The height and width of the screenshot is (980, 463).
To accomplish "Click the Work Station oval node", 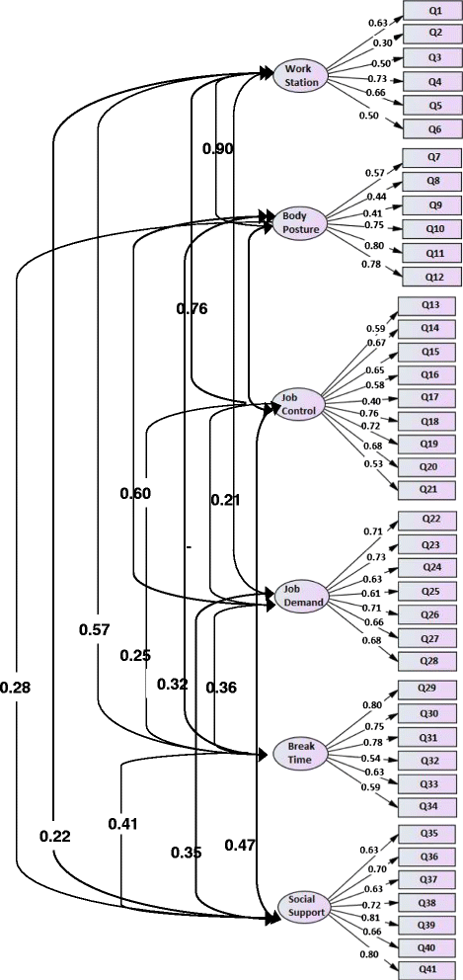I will (301, 75).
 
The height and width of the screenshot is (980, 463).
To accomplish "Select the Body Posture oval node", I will (301, 222).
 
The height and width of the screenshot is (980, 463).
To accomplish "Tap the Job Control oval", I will (298, 404).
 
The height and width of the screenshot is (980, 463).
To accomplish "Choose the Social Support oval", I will (301, 906).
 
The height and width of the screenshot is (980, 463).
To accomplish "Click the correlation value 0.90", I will (218, 148).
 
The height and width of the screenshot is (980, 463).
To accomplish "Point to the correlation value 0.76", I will (193, 308).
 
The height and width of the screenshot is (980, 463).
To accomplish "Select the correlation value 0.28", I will (16, 688).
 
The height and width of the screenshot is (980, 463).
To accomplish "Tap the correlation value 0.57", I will (95, 629).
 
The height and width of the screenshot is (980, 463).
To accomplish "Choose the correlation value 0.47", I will (240, 845).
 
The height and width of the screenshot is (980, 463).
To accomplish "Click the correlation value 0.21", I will (225, 500).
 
